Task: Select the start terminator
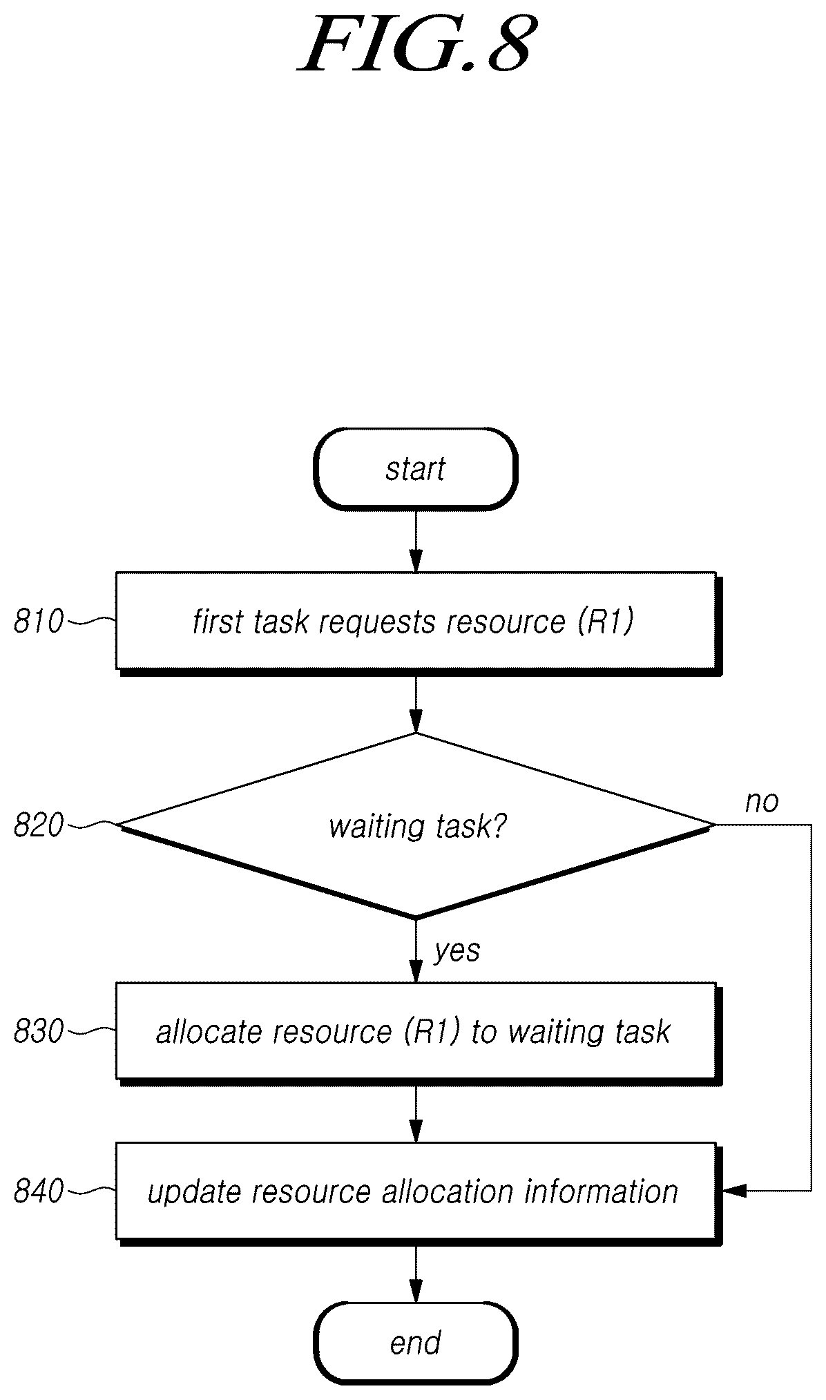tap(416, 469)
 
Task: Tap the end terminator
tap(416, 1343)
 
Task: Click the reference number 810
tap(38, 622)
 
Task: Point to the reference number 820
tap(38, 826)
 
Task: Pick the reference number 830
tap(38, 1031)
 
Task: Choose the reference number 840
tap(38, 1192)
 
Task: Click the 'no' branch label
tap(762, 802)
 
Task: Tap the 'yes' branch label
tap(457, 952)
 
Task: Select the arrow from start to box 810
tap(416, 541)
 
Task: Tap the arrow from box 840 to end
tap(416, 1274)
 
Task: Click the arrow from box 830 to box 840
tap(416, 1115)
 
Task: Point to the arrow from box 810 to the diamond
tap(416, 704)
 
